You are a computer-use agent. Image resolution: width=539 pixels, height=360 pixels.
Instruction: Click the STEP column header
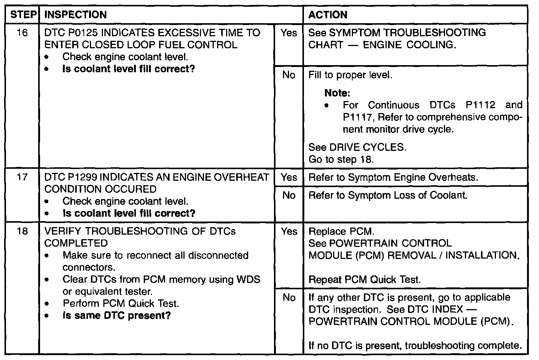point(23,15)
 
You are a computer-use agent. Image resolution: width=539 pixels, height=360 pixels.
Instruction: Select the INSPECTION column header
point(75,15)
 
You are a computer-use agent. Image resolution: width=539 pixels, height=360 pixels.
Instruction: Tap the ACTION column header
point(328,15)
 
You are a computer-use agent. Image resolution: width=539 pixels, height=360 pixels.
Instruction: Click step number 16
point(22,33)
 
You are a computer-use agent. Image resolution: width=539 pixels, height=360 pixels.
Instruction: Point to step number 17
point(22,177)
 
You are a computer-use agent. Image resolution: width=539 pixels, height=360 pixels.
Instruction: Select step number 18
point(22,231)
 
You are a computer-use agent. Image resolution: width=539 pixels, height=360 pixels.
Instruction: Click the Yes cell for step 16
point(289,33)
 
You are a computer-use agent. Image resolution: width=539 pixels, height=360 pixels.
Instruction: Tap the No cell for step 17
point(289,195)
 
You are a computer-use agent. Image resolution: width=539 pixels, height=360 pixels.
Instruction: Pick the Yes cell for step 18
point(289,231)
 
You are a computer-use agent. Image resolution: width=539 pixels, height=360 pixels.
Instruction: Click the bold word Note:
point(337,93)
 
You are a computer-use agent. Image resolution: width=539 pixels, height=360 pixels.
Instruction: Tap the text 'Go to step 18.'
point(341,159)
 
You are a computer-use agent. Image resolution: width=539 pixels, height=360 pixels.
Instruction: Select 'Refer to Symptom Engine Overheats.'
point(393,177)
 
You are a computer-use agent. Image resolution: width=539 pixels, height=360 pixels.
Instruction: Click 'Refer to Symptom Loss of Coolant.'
point(388,195)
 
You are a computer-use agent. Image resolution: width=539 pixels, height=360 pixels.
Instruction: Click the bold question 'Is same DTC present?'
point(116,315)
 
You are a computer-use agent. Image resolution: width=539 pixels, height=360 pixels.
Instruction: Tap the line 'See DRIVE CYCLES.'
point(357,147)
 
